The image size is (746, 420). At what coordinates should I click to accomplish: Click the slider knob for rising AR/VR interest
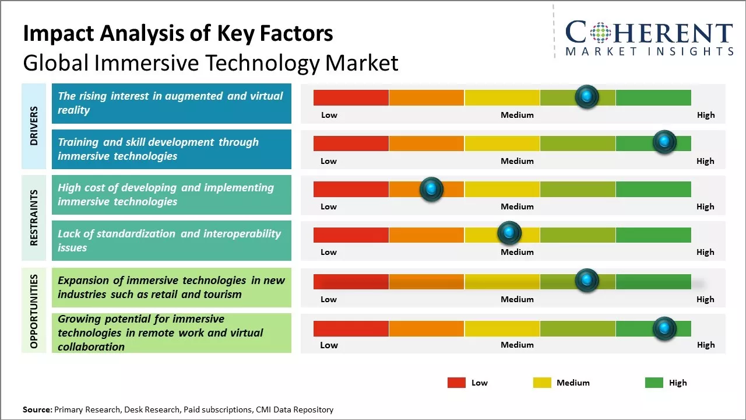(587, 97)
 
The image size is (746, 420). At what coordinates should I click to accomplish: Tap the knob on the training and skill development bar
(664, 142)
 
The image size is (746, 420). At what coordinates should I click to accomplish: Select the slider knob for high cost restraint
(431, 189)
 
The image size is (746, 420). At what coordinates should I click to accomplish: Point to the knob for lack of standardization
(509, 233)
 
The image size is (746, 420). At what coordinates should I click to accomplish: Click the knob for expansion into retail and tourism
(587, 281)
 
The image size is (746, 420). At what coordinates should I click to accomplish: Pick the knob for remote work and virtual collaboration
(664, 328)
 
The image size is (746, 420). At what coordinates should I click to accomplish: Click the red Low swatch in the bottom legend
(456, 383)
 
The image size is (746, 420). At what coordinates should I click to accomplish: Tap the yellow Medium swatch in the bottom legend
(542, 383)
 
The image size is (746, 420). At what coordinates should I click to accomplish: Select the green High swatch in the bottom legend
(654, 383)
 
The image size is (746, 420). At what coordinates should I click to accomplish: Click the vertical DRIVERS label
(34, 126)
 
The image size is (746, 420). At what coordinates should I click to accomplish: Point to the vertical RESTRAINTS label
(34, 218)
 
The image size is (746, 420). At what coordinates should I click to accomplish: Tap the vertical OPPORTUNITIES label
(34, 311)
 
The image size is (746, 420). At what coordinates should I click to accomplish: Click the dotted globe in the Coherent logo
(601, 33)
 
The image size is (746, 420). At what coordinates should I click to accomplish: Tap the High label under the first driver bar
(706, 115)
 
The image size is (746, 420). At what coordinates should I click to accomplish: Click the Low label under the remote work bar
(329, 345)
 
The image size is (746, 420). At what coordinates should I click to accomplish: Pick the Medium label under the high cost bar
(517, 206)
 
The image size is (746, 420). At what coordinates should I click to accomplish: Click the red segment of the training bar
(351, 143)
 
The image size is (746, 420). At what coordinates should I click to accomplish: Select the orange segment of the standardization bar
(426, 235)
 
